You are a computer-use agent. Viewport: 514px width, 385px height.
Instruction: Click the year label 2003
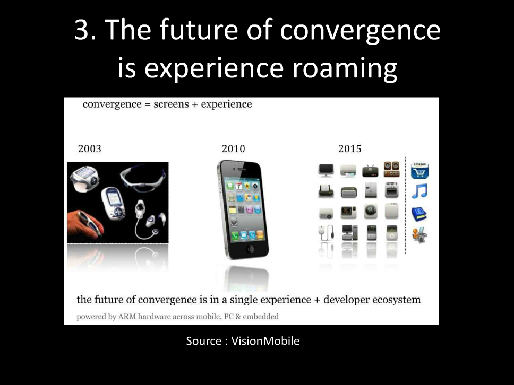click(90, 148)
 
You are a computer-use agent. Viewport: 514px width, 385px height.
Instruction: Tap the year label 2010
click(234, 148)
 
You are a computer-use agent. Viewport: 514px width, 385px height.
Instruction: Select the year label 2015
click(350, 148)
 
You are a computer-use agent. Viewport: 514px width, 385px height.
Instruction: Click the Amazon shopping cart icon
click(419, 170)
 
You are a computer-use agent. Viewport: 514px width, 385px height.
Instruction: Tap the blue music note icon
click(419, 191)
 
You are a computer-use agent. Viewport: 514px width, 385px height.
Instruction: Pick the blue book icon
click(419, 214)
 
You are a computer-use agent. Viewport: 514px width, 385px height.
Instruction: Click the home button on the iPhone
click(250, 249)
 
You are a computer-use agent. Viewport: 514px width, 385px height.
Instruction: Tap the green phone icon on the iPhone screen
click(235, 235)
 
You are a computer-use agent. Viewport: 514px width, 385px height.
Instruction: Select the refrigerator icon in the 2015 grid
click(371, 190)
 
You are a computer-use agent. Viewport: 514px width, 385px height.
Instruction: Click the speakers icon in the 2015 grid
click(391, 169)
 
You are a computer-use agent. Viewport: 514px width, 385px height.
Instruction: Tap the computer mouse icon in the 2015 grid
click(326, 233)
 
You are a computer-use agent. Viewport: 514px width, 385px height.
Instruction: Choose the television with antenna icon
click(371, 171)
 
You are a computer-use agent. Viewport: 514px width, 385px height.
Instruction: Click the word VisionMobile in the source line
click(265, 341)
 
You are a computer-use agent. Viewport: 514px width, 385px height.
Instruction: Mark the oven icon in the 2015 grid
click(391, 190)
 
